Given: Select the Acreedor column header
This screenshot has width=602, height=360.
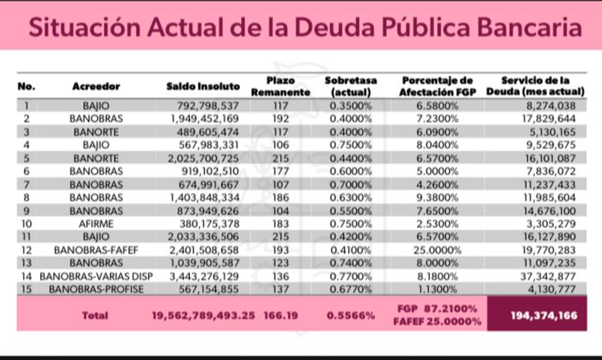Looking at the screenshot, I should (96, 86).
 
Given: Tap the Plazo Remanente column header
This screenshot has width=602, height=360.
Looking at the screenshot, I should (280, 86).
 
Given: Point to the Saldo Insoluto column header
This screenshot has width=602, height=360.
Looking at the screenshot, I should (203, 86).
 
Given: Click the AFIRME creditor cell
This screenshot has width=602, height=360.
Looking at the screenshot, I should (96, 224).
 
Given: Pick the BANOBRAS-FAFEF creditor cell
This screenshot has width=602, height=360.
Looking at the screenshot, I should (96, 250).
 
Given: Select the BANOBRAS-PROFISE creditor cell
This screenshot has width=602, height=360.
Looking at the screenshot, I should (96, 289).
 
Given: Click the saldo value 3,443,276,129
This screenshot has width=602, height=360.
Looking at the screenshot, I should (205, 276).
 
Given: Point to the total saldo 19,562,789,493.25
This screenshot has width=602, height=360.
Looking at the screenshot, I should (203, 315).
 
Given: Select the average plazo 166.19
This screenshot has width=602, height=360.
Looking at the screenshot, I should (280, 315).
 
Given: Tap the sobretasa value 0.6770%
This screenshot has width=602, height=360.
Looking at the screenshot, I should (352, 289).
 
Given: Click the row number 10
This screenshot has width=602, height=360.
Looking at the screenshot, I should (27, 224).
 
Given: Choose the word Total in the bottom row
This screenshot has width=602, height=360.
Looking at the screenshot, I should (95, 315).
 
